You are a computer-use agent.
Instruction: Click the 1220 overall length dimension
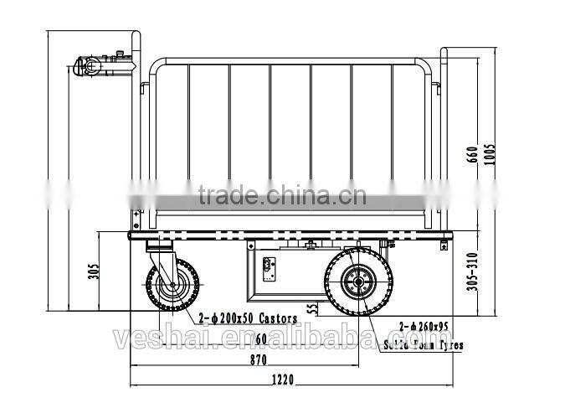pos(282,380)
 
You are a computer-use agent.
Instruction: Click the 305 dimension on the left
pos(94,272)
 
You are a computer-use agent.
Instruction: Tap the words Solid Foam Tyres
pos(423,344)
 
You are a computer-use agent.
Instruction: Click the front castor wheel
pos(172,284)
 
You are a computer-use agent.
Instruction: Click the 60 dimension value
pos(261,338)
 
